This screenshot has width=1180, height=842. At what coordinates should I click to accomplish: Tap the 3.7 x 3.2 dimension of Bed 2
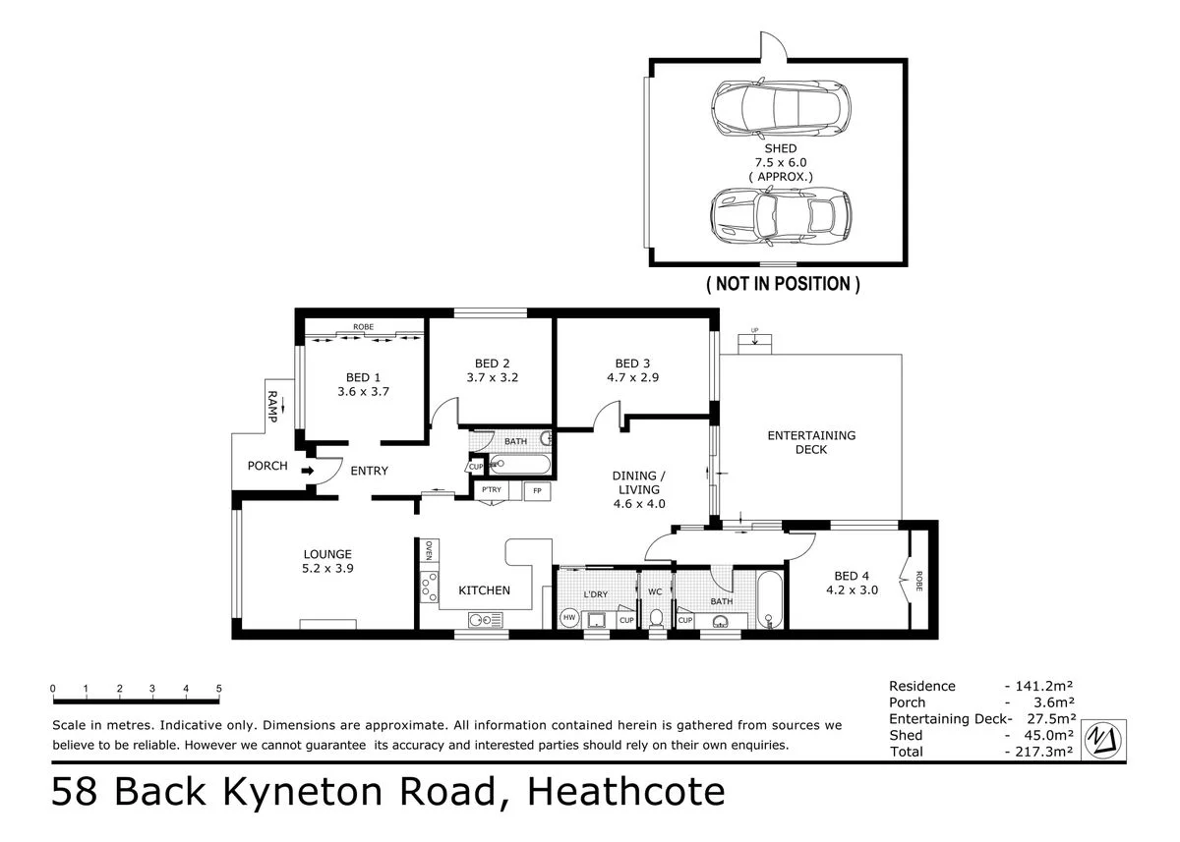pyautogui.click(x=492, y=377)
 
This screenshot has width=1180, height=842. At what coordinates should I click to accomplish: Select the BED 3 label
pyautogui.click(x=632, y=362)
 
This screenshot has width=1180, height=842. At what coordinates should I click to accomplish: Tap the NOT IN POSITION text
pyautogui.click(x=783, y=284)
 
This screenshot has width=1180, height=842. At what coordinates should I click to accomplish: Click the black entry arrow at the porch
pyautogui.click(x=308, y=472)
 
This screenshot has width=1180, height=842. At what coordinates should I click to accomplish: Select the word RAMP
pyautogui.click(x=272, y=407)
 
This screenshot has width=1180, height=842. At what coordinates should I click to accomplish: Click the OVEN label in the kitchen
pyautogui.click(x=429, y=551)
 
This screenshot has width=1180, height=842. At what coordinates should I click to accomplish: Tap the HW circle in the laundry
pyautogui.click(x=568, y=618)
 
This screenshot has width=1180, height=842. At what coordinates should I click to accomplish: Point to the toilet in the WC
pyautogui.click(x=655, y=618)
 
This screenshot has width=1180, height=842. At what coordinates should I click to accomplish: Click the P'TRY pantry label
pyautogui.click(x=492, y=489)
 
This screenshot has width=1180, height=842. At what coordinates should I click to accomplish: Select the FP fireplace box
pyautogui.click(x=537, y=490)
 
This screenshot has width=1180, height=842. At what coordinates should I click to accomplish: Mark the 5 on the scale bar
pyautogui.click(x=219, y=689)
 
